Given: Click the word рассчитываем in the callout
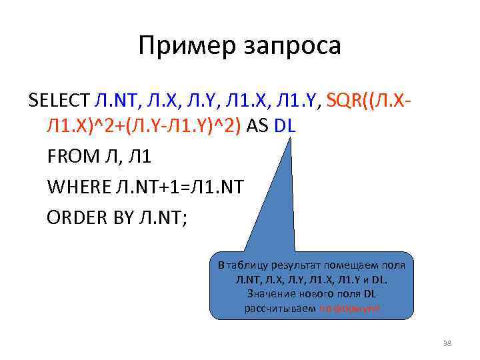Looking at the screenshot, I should click(279, 309).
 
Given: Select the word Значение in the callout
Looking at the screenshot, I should click(271, 294).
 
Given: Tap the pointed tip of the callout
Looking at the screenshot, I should click(291, 137).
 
